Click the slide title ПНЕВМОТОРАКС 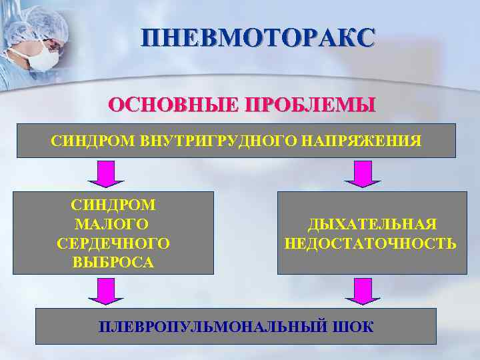[x=257, y=38]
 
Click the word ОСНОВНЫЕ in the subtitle [x=174, y=106]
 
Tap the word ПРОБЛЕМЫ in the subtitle [x=311, y=106]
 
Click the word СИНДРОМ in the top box [x=93, y=141]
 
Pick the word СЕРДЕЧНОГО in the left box [x=114, y=243]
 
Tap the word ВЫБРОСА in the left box [x=114, y=262]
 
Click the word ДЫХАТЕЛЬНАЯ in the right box [x=371, y=225]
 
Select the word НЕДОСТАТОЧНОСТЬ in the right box [x=371, y=243]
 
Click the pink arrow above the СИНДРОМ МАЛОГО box [x=107, y=174]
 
